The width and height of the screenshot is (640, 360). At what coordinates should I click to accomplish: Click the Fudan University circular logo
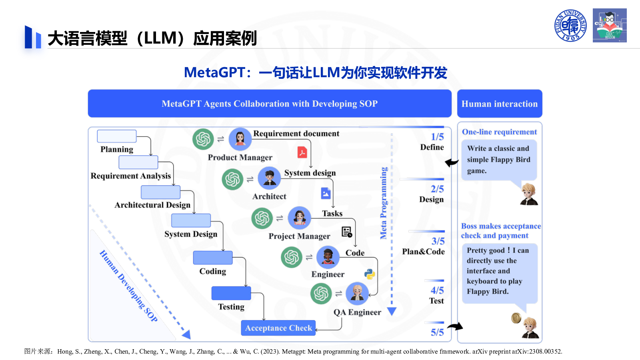(570, 26)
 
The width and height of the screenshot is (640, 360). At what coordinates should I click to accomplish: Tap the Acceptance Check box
(278, 328)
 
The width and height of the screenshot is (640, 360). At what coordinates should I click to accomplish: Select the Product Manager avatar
(240, 139)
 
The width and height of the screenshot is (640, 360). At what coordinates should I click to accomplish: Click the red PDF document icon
(302, 152)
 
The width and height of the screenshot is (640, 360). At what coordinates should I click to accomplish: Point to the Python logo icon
(370, 274)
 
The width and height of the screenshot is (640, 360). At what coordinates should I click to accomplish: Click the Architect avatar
(269, 178)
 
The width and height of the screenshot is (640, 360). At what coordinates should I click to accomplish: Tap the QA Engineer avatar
(357, 294)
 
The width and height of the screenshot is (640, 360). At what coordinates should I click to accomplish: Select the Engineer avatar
(328, 257)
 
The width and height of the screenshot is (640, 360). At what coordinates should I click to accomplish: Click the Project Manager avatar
(299, 218)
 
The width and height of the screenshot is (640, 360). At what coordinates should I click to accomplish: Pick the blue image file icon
(326, 193)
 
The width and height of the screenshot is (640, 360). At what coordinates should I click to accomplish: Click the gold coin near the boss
(516, 318)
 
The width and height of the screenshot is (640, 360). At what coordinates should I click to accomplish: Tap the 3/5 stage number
(438, 241)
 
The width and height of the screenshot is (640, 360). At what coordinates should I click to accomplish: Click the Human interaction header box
(500, 104)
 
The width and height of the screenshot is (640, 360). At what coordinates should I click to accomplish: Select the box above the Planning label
(116, 136)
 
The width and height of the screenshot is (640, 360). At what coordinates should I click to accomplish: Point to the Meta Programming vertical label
(383, 203)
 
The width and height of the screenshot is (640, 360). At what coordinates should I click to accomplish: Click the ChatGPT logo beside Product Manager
(203, 139)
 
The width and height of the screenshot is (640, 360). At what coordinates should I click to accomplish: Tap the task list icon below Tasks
(347, 232)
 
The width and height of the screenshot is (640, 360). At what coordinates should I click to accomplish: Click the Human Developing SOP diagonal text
(128, 286)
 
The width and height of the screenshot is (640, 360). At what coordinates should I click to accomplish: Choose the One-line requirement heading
(500, 132)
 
